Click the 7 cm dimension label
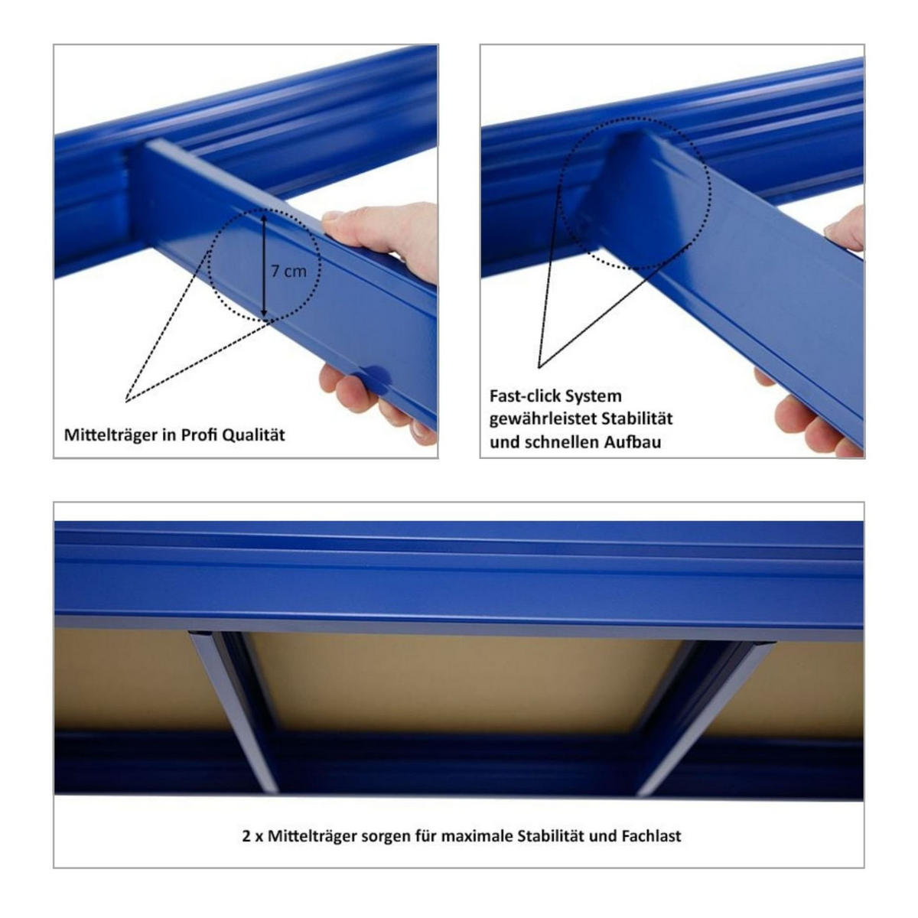(x=288, y=271)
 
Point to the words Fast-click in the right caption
(x=524, y=396)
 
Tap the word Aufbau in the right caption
(x=635, y=442)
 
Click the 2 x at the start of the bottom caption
(x=252, y=836)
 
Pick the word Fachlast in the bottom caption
(x=650, y=836)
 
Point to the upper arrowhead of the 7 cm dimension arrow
(x=263, y=219)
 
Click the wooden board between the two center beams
(x=459, y=681)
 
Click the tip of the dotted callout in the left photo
(x=127, y=400)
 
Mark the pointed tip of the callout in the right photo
(x=540, y=366)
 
